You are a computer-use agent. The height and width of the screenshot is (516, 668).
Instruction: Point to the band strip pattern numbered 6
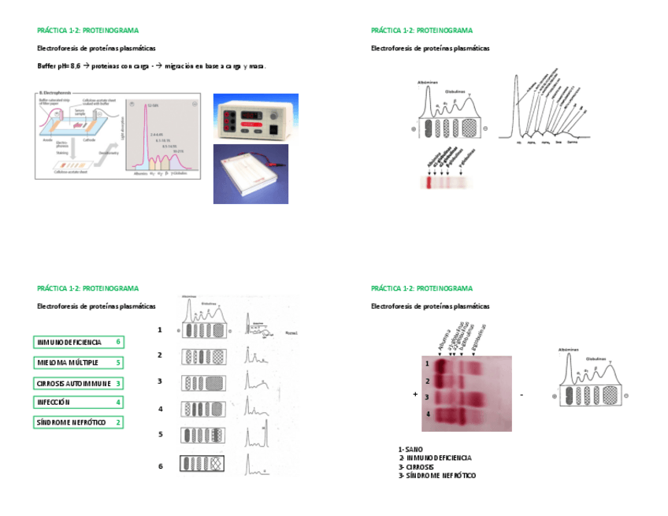(x=202, y=464)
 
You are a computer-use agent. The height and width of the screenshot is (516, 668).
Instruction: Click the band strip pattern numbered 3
(x=204, y=383)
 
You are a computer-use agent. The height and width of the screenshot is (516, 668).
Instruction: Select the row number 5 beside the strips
(x=160, y=434)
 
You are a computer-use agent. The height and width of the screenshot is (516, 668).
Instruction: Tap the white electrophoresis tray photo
(x=250, y=173)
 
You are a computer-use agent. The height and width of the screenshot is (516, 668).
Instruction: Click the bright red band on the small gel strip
(x=429, y=182)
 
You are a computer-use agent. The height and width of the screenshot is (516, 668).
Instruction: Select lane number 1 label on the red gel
(x=427, y=364)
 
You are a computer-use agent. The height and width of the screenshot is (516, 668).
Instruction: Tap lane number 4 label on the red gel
(x=427, y=414)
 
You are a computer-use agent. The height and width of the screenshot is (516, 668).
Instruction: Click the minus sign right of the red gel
(x=521, y=394)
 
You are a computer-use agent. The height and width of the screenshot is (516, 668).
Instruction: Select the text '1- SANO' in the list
(x=410, y=449)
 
